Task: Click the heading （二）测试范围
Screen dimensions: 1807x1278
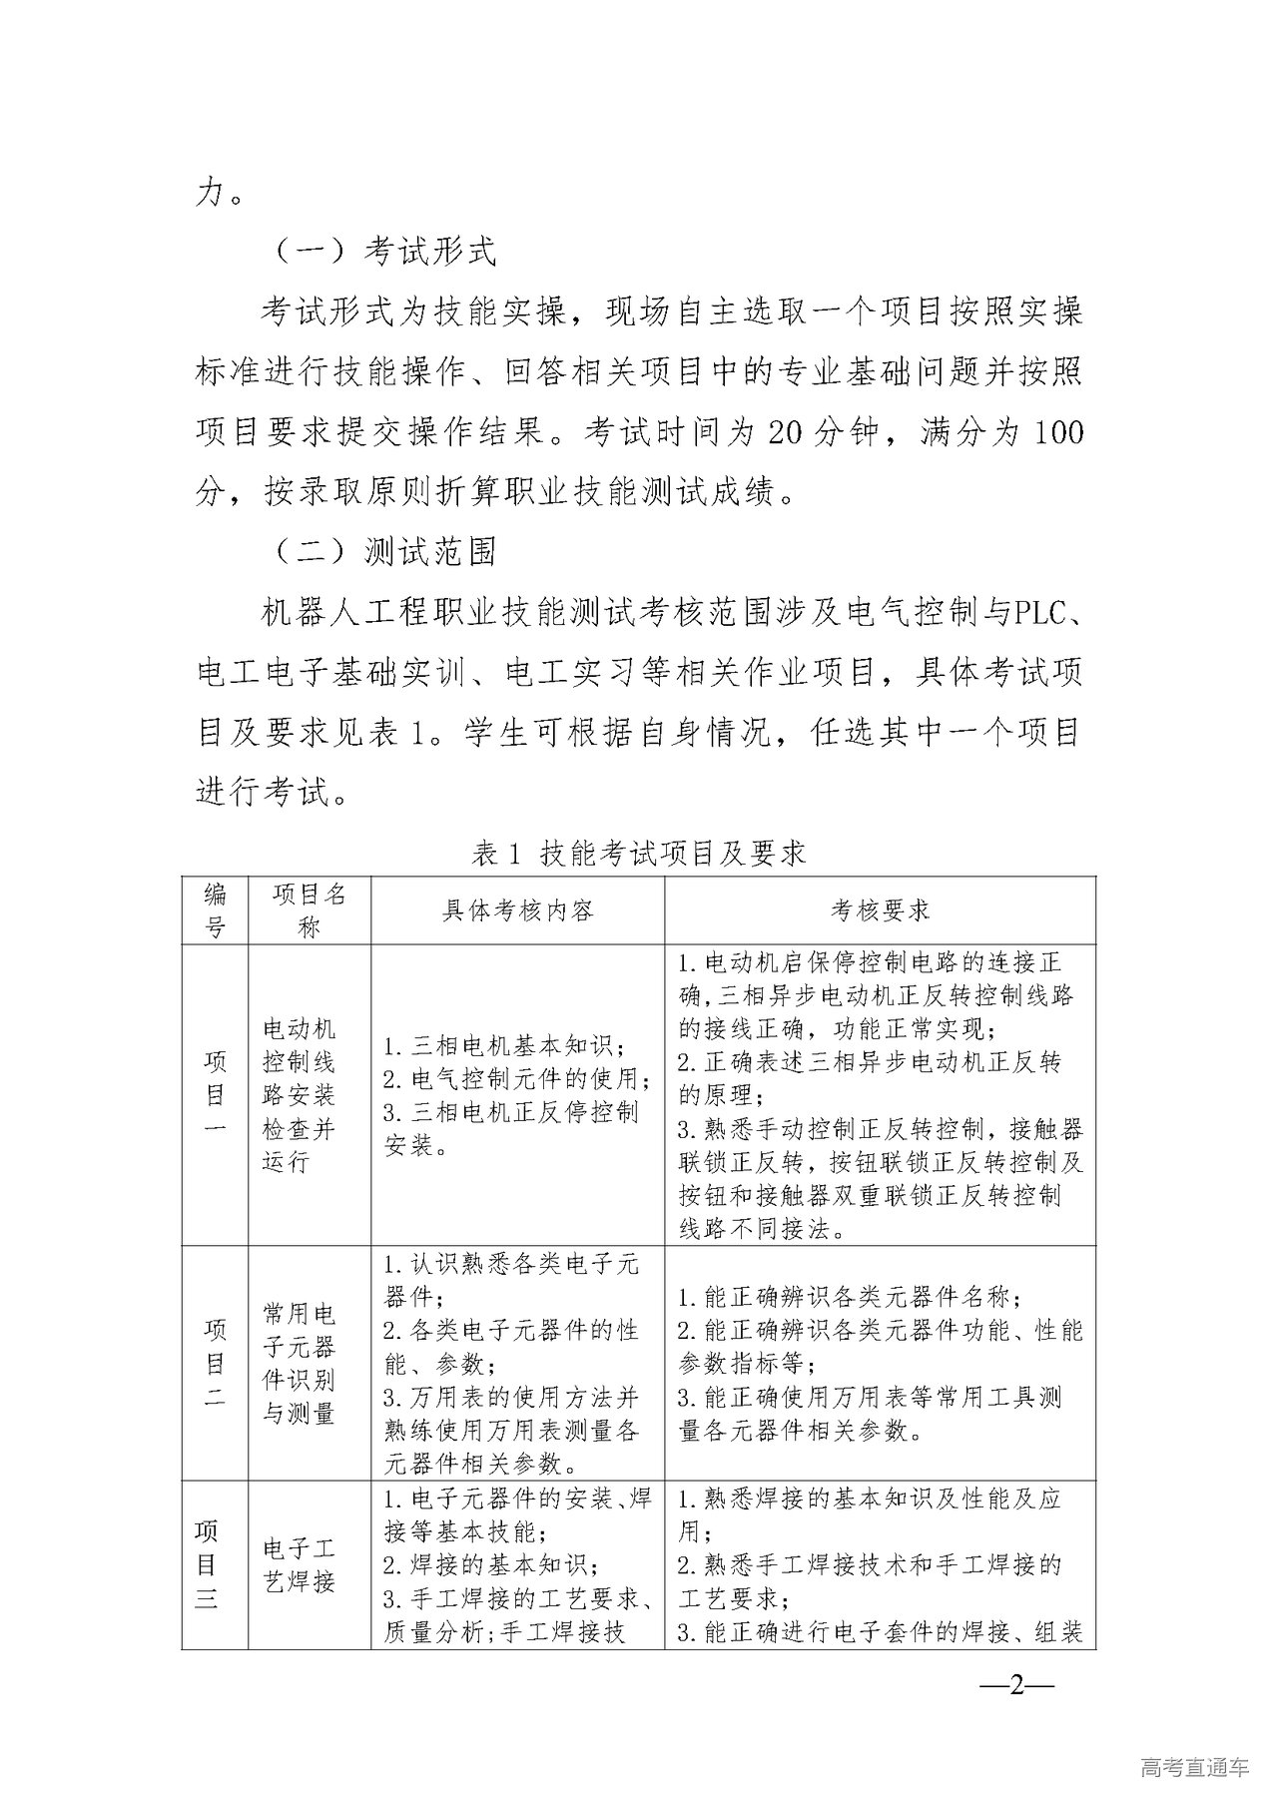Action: click(384, 550)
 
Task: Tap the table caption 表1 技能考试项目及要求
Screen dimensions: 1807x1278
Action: click(639, 854)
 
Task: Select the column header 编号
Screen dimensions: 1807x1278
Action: click(215, 909)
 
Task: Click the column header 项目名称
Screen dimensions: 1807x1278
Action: click(309, 909)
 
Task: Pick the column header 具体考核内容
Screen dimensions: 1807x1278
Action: click(518, 909)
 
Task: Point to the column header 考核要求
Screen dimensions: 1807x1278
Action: click(880, 909)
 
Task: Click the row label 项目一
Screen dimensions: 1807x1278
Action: click(215, 1094)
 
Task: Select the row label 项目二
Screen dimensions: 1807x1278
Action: click(215, 1363)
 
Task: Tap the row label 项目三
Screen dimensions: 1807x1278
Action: click(207, 1564)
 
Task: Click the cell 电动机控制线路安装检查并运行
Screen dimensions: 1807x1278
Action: click(299, 1095)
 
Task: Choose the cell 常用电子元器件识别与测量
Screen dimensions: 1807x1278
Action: click(299, 1363)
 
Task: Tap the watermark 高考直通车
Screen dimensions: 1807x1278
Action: click(1193, 1767)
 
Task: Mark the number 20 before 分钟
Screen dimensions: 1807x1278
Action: click(791, 432)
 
